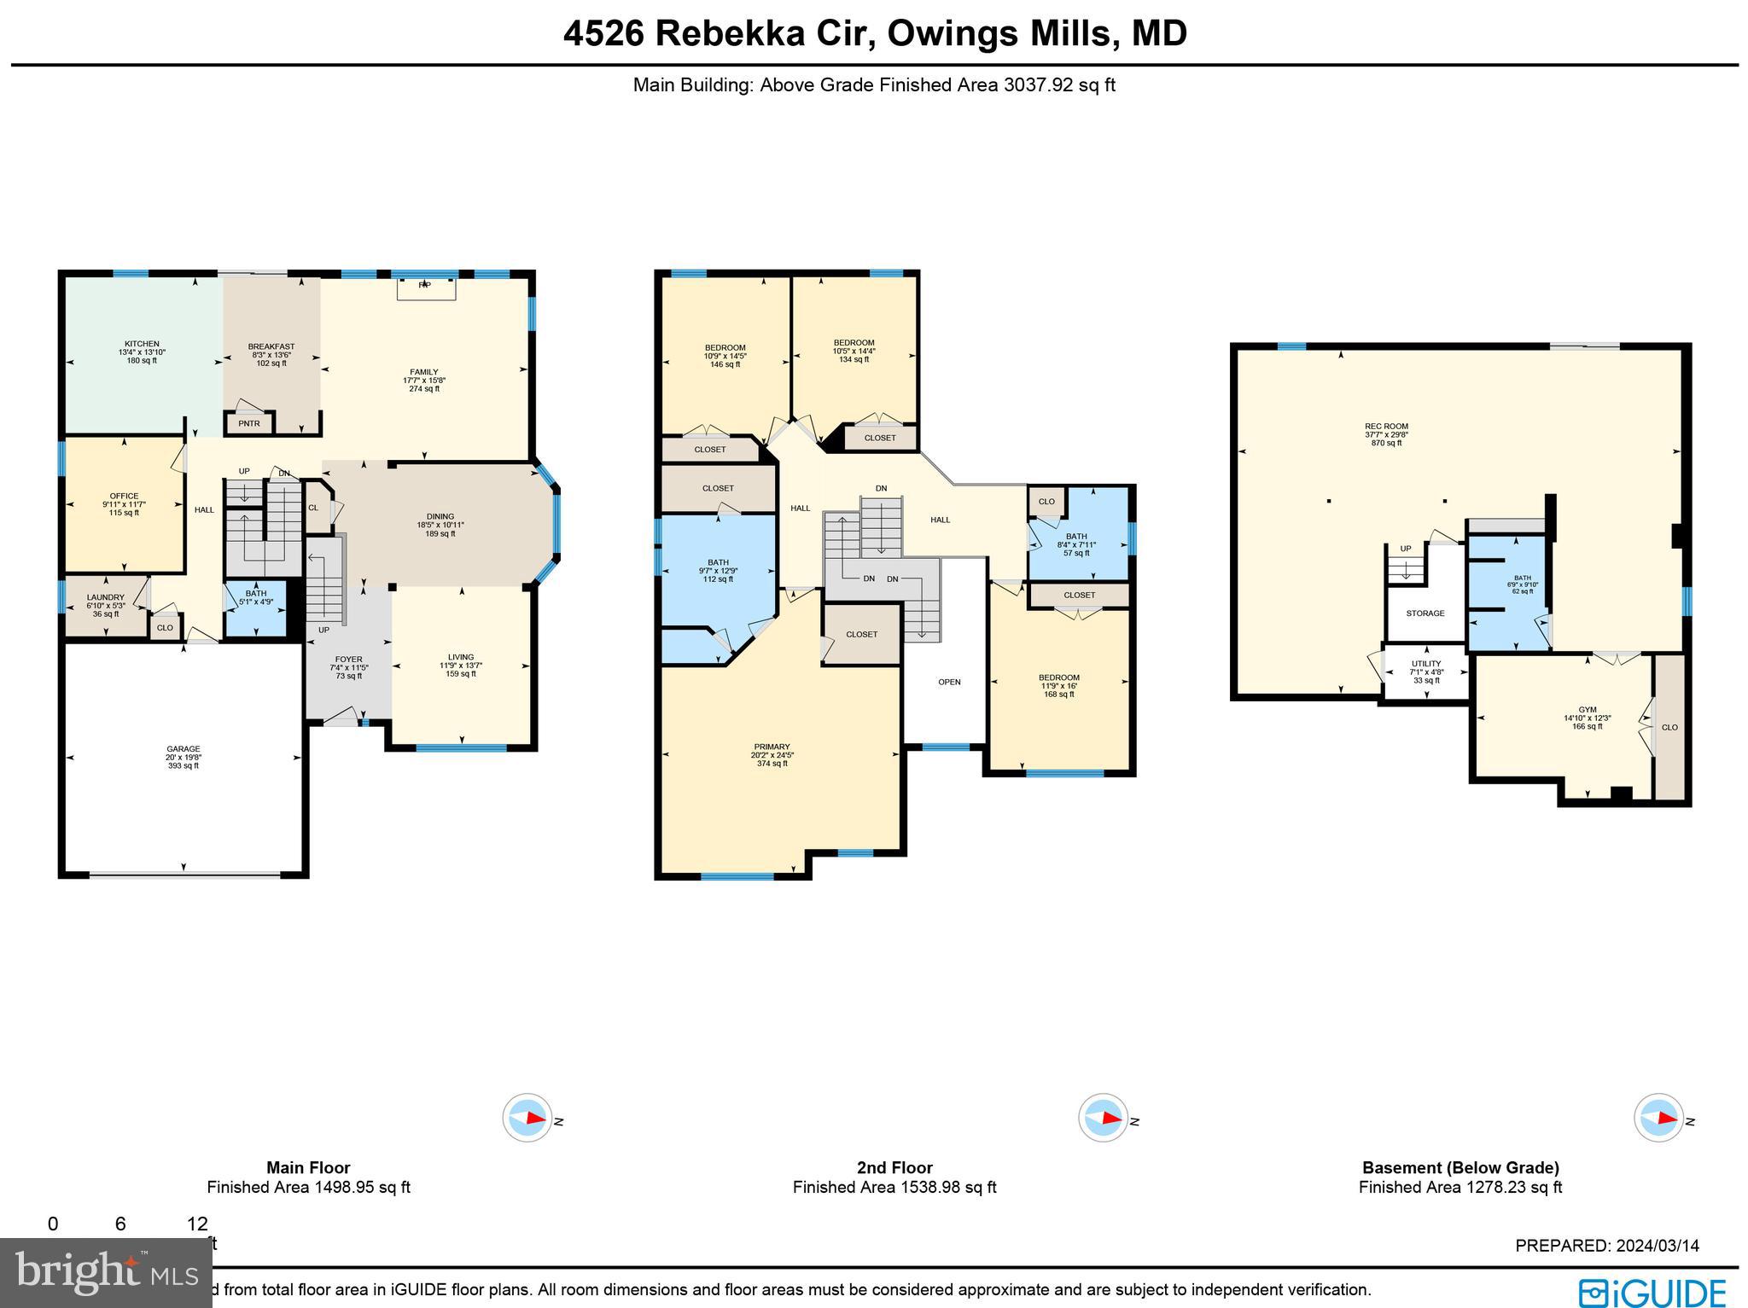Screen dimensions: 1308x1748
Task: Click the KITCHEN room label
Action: tap(142, 344)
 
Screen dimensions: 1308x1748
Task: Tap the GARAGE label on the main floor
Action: tap(184, 749)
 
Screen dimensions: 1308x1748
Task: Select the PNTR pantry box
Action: tap(249, 423)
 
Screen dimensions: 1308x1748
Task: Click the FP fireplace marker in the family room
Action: tap(424, 286)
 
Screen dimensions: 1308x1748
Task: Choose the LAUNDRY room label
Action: tap(105, 597)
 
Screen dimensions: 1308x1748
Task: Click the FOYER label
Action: tap(348, 660)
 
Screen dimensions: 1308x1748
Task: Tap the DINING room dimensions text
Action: tap(440, 525)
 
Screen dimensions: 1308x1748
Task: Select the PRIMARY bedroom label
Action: tap(772, 747)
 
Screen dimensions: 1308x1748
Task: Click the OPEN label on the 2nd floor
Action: tap(949, 682)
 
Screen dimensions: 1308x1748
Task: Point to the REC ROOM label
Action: tap(1386, 427)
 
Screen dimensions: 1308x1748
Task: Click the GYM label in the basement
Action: tap(1587, 710)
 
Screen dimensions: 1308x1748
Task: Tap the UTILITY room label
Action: tap(1425, 664)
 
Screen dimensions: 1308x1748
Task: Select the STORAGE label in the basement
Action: tap(1425, 613)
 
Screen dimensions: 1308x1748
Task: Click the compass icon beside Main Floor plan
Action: tap(527, 1118)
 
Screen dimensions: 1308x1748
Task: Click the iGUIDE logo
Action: tap(1652, 1293)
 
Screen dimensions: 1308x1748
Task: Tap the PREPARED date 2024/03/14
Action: tap(1607, 1246)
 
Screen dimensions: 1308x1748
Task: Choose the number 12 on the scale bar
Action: tap(197, 1224)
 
